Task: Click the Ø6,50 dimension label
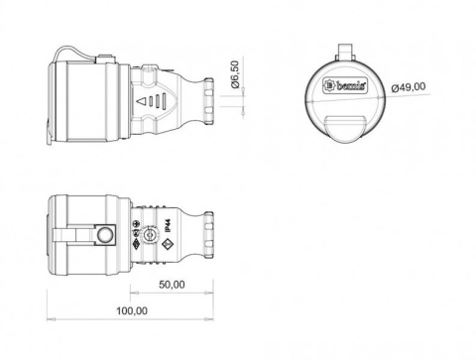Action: (235, 74)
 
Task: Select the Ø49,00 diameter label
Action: (409, 87)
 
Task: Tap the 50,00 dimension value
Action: (172, 285)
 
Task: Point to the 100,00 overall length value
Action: (132, 310)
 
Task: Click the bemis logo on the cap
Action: (345, 86)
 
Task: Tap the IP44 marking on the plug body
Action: (168, 226)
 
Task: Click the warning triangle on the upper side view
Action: (141, 101)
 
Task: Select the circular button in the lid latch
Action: (105, 235)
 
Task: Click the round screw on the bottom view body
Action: (148, 235)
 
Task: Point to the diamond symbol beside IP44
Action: (168, 246)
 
